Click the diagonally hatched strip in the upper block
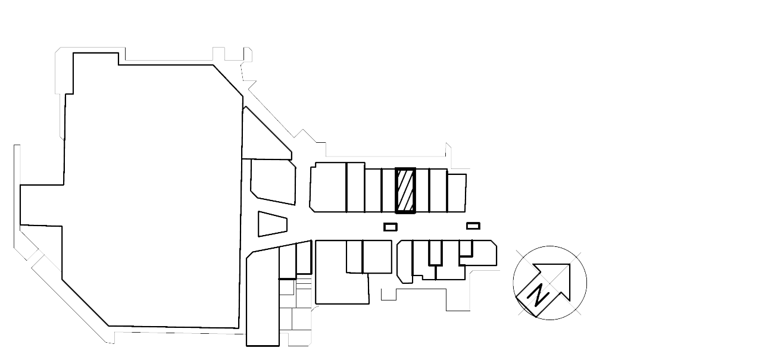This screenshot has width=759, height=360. tap(406, 190)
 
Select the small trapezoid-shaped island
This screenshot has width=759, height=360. tap(273, 223)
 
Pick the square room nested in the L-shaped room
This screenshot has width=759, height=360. tap(368, 256)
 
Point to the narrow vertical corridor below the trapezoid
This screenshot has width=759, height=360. tap(262, 298)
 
